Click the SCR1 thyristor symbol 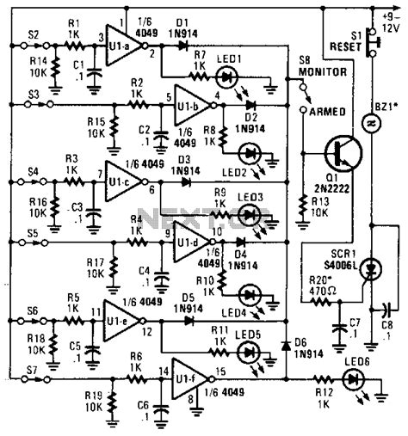tap(371, 271)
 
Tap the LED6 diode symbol tap(355, 376)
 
